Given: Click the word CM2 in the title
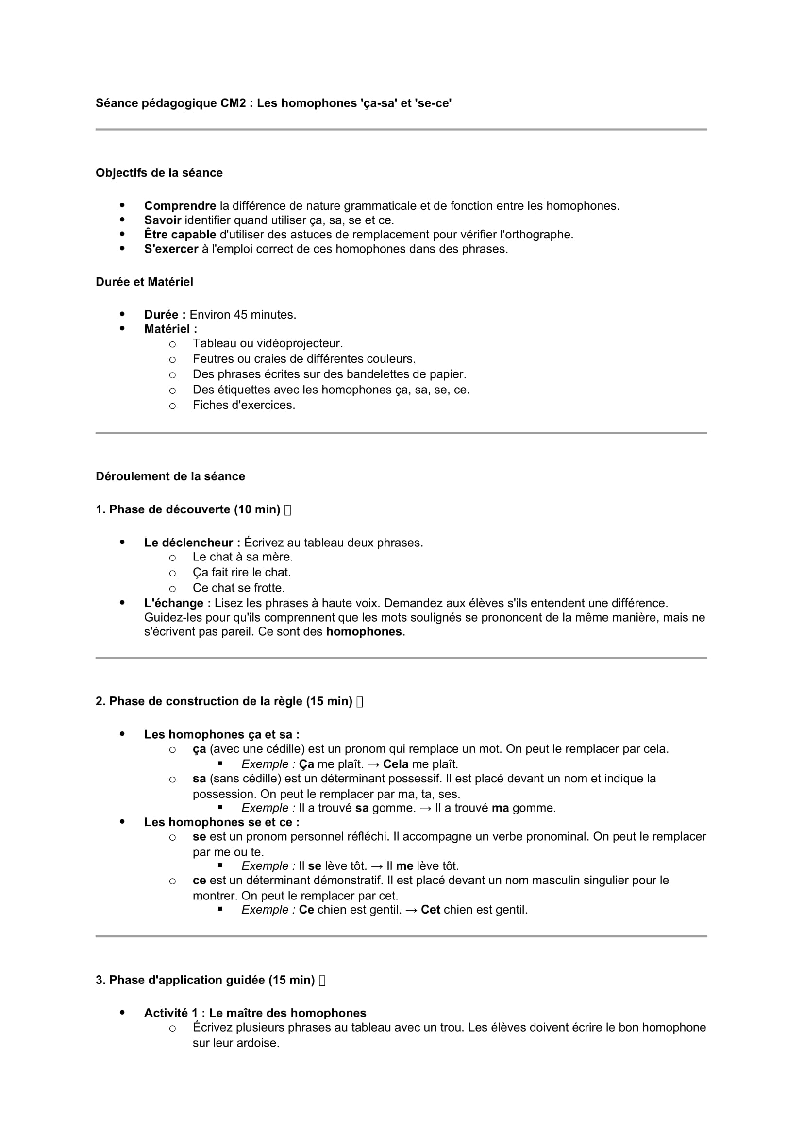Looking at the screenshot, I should point(233,103).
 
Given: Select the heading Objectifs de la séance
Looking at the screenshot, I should point(159,173).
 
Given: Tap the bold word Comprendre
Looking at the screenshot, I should point(180,206).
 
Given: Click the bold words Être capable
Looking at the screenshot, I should point(180,235).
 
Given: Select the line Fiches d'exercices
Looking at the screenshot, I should point(244,405).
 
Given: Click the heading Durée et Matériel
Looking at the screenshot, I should point(144,282).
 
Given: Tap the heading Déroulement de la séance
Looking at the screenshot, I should point(170,476).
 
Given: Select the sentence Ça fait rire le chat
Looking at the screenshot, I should point(241,573).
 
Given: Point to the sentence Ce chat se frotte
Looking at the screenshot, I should point(238,588).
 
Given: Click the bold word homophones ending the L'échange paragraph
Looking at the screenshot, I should point(364,632).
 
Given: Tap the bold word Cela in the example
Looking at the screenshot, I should point(396,764).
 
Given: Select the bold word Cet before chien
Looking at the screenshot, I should point(430,909).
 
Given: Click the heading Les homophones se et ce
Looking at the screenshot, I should point(221,822).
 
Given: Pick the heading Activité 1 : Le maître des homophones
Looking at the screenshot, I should point(255,1013).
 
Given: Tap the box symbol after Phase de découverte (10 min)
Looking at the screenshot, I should point(288,510).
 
